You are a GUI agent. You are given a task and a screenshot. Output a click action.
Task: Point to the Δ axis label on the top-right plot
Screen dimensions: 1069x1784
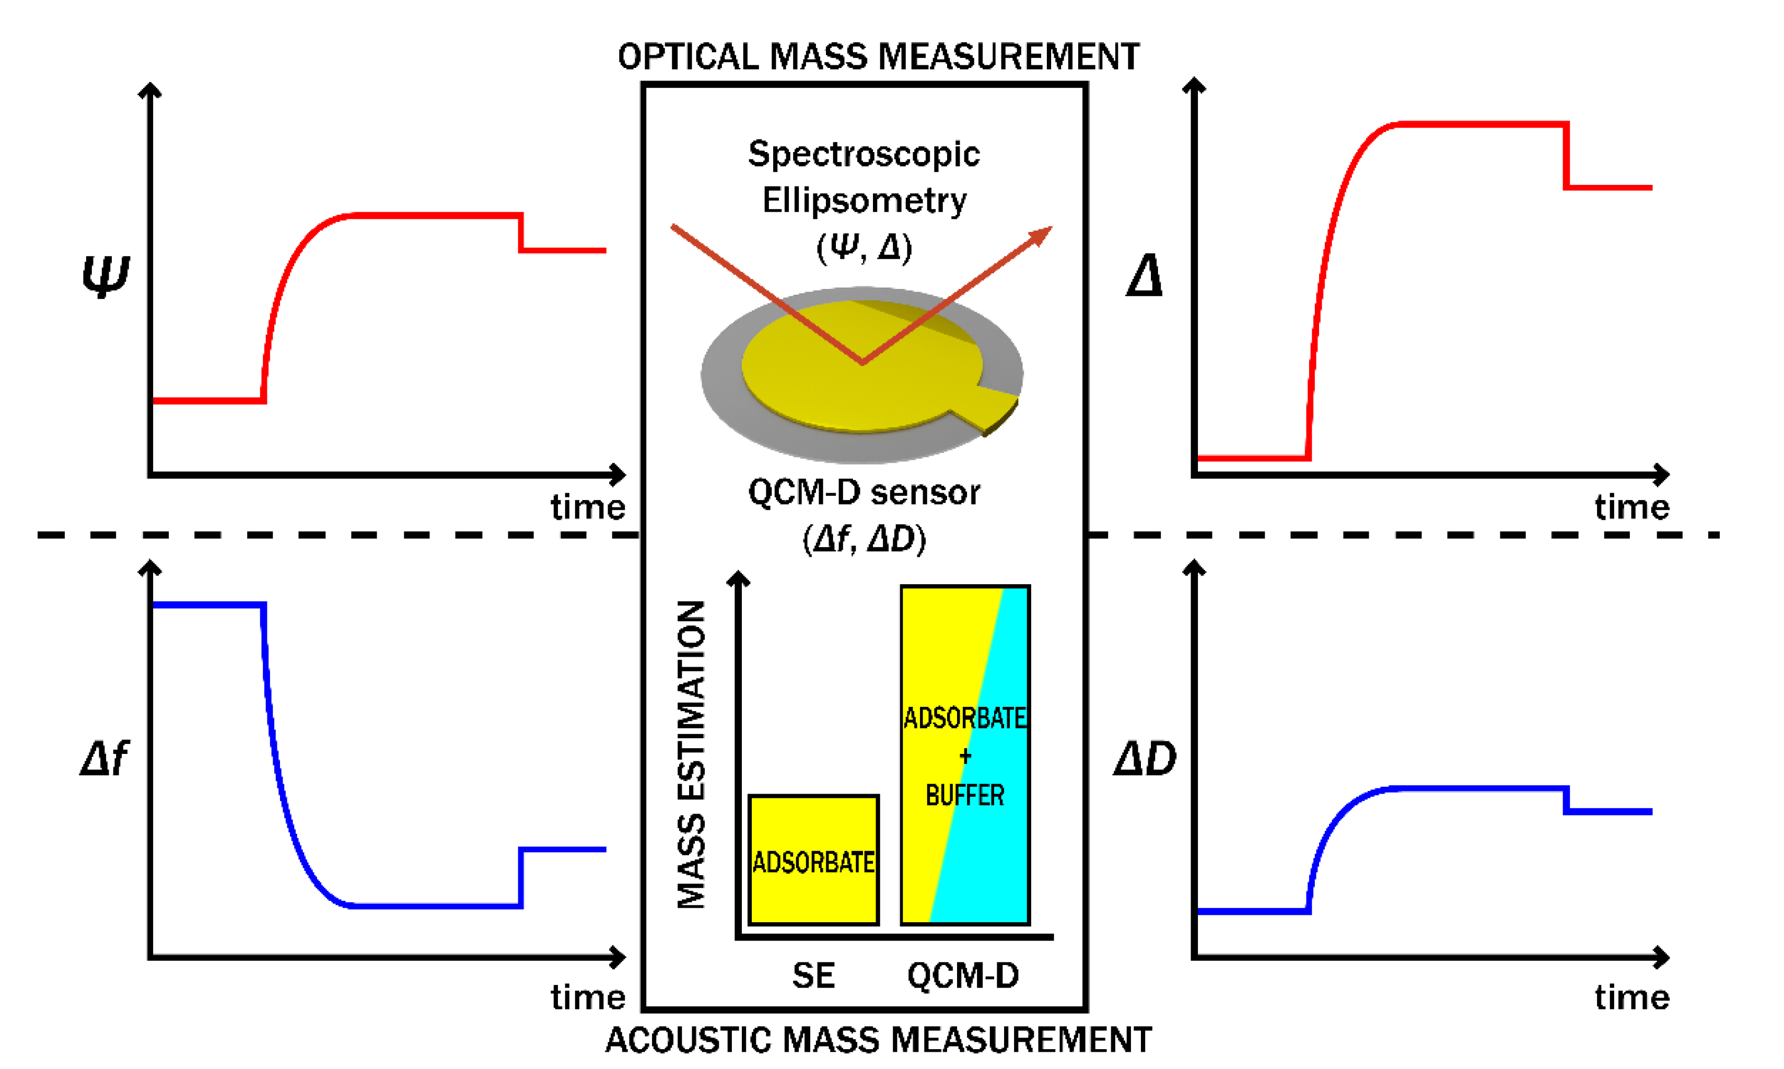pyautogui.click(x=1145, y=276)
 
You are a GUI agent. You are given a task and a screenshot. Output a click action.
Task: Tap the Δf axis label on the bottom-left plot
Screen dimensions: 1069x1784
pyautogui.click(x=104, y=759)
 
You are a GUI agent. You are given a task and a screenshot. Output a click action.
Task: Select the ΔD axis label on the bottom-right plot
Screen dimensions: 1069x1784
pyautogui.click(x=1145, y=759)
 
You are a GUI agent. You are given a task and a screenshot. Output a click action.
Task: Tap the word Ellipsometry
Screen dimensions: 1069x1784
pyautogui.click(x=864, y=200)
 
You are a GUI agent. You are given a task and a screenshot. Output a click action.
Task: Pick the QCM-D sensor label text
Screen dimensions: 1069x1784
pyautogui.click(x=864, y=493)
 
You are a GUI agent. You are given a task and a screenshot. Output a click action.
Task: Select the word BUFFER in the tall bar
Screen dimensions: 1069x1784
pyautogui.click(x=964, y=795)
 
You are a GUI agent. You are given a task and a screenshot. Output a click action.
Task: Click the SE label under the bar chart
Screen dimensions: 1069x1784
pyautogui.click(x=813, y=976)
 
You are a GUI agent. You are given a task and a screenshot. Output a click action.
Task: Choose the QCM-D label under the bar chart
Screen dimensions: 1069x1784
pyautogui.click(x=963, y=976)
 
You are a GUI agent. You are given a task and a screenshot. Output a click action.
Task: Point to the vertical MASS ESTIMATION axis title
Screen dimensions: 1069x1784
pyautogui.click(x=692, y=754)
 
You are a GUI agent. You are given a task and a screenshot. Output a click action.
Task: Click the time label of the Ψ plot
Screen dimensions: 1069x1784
pyautogui.click(x=588, y=507)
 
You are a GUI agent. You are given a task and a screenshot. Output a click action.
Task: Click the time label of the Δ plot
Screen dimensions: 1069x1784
pyautogui.click(x=1631, y=507)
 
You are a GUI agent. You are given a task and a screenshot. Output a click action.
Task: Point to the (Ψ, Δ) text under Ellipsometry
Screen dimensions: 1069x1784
pyautogui.click(x=864, y=248)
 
